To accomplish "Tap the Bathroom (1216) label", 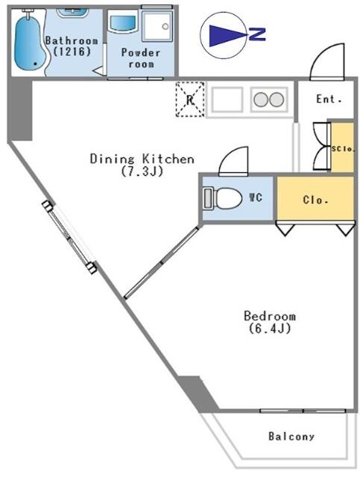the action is [72, 46].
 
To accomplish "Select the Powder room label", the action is [141, 58].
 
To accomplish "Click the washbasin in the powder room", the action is [123, 22].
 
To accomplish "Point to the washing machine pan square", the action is [157, 25].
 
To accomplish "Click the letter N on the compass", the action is [257, 34].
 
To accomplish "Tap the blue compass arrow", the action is [227, 36].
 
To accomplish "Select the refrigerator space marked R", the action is [190, 99].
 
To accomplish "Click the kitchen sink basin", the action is [227, 99].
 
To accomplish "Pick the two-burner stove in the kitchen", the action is [269, 99].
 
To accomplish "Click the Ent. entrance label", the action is [329, 99].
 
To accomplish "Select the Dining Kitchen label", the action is [142, 165].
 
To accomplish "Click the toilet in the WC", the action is [223, 198].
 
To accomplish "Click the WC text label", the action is [256, 198].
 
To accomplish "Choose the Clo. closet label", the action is [315, 200].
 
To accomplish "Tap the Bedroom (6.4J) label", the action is [270, 322].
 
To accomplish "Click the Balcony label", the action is [291, 437].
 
